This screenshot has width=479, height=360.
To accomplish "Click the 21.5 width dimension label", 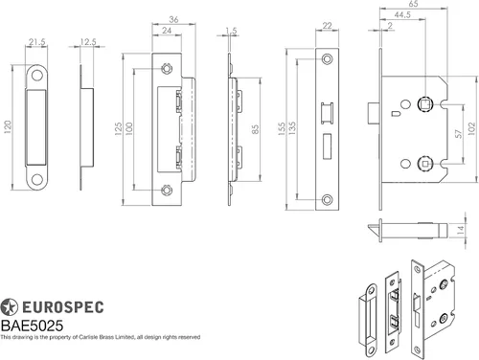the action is [x=36, y=42].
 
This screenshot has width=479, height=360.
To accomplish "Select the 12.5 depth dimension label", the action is [x=88, y=42].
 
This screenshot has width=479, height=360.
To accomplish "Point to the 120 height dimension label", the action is [x=8, y=126].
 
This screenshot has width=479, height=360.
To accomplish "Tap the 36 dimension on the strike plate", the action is [x=173, y=19].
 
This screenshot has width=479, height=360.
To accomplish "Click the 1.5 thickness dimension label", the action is [x=231, y=31].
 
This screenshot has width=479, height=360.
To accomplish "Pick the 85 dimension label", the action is [x=255, y=129].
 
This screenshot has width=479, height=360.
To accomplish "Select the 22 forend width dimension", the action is [x=327, y=25].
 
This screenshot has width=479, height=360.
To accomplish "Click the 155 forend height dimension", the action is [x=282, y=129].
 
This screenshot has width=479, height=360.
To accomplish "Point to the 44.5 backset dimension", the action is [x=402, y=14].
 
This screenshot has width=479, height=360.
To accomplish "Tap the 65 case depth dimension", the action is [x=413, y=4].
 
